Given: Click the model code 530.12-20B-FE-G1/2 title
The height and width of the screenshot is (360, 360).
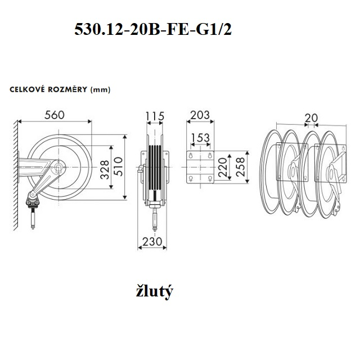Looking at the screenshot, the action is pyautogui.click(x=153, y=29).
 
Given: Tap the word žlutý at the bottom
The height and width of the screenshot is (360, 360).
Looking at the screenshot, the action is pyautogui.click(x=154, y=291).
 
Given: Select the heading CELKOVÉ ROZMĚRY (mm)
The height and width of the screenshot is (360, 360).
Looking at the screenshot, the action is pyautogui.click(x=60, y=89).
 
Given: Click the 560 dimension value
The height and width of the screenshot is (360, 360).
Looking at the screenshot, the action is pyautogui.click(x=55, y=115).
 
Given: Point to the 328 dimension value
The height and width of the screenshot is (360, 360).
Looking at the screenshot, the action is pyautogui.click(x=105, y=170).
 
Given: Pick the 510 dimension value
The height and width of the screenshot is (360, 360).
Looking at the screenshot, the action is pyautogui.click(x=118, y=166).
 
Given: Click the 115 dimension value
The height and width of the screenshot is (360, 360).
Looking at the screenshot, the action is pyautogui.click(x=155, y=116).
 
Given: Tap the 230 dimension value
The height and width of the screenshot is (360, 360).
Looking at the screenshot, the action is pyautogui.click(x=152, y=241).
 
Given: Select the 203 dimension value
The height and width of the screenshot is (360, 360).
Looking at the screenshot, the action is pyautogui.click(x=200, y=115).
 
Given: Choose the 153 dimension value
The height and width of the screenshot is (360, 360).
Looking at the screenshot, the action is pyautogui.click(x=200, y=138).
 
